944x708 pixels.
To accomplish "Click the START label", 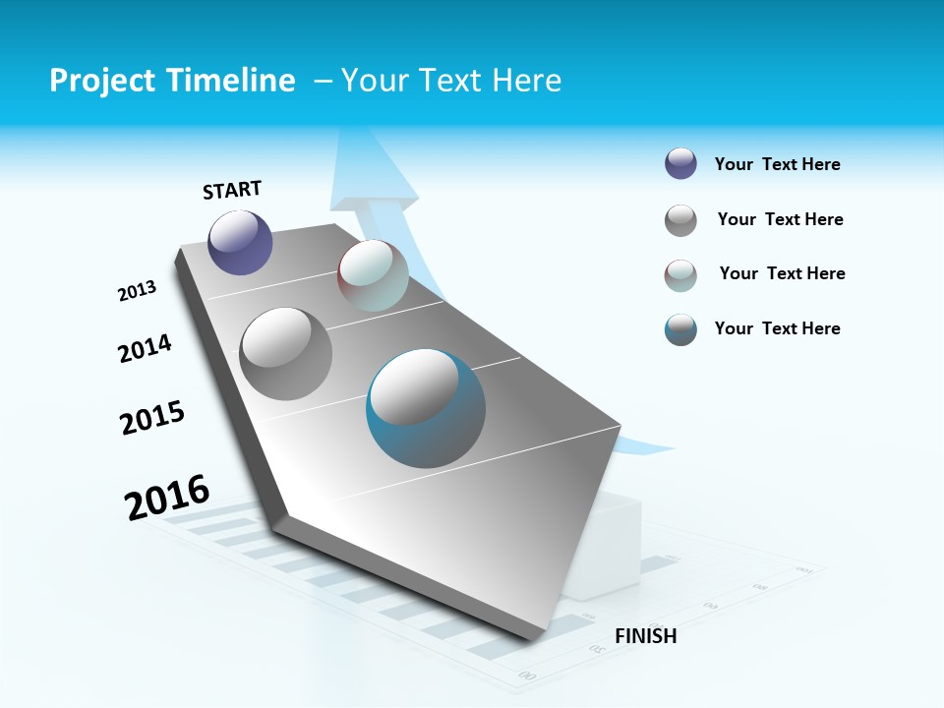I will [232, 190].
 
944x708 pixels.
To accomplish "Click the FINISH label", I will [645, 636].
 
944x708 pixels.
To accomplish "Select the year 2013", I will [138, 291].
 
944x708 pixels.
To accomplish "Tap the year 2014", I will [146, 348].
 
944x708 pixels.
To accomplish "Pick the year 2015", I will [152, 418].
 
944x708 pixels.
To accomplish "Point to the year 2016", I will [167, 498].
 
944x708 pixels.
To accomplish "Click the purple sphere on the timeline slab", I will [240, 242].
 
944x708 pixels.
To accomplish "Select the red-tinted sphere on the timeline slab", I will [373, 275].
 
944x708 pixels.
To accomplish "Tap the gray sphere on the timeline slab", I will [285, 353].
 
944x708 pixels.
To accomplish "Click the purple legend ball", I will [680, 163].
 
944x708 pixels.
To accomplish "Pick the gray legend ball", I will [680, 220].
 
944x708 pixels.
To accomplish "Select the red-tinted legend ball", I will [680, 275].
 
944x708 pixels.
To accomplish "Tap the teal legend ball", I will [680, 329].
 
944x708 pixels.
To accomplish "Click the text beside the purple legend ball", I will [777, 164].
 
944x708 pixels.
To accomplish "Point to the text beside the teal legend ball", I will [777, 328].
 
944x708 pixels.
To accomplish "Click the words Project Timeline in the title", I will [172, 81].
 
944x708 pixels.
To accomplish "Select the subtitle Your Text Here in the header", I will [451, 81].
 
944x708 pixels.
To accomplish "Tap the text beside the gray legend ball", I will [780, 219].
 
